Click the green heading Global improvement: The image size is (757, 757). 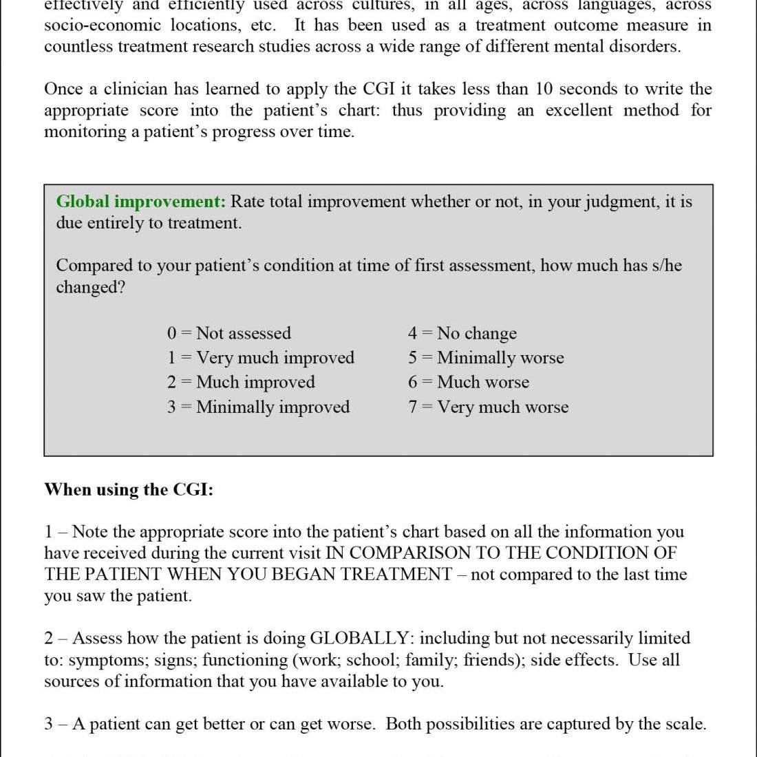(x=140, y=202)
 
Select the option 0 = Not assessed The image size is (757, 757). (x=228, y=334)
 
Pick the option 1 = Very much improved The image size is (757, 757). (x=260, y=358)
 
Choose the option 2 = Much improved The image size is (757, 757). (x=240, y=382)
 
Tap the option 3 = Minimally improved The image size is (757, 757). (x=258, y=407)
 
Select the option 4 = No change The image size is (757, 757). (x=462, y=334)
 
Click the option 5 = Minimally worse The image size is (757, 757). (x=486, y=358)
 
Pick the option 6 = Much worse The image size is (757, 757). (x=469, y=382)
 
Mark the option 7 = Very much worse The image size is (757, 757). (x=488, y=407)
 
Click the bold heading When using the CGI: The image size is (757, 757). (x=129, y=490)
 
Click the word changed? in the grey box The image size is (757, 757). (x=91, y=287)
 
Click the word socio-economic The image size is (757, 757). (x=96, y=25)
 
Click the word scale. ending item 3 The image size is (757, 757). (x=685, y=724)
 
